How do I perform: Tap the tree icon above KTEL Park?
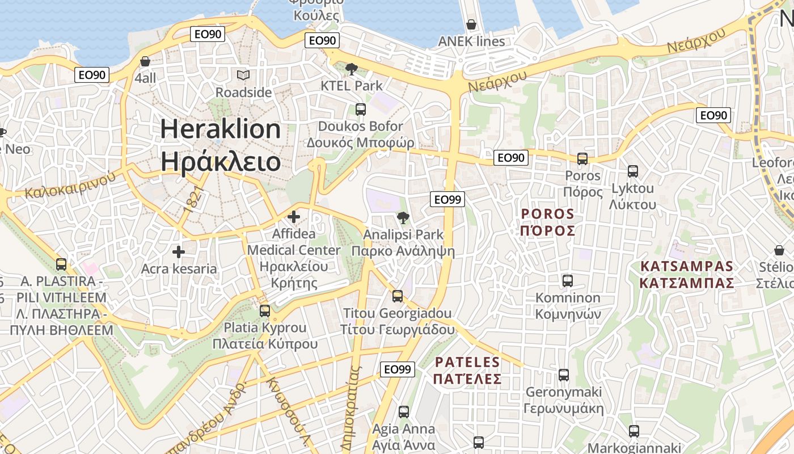coord(351,69)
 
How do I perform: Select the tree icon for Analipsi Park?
coord(403,217)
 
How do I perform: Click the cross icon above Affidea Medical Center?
coord(294,216)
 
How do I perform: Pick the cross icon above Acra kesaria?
coord(179,251)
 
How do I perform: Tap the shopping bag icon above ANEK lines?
coord(471,24)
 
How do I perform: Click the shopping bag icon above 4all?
coord(145,61)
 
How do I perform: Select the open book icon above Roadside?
coord(243,75)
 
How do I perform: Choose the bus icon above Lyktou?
coord(633,171)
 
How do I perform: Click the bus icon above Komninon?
coord(568,280)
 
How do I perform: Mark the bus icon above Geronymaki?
coord(564,375)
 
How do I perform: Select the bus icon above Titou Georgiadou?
coord(398,296)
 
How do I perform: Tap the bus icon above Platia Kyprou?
coord(265,310)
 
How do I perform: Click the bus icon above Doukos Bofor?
coord(361,109)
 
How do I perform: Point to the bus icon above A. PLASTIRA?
coord(61,264)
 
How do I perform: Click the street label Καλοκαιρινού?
coord(70,184)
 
